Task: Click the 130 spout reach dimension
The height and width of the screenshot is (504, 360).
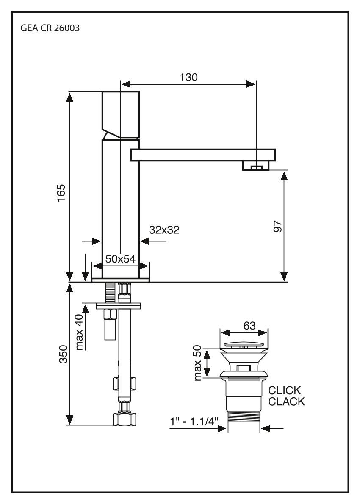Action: point(188,77)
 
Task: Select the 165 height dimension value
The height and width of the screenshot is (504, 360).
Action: point(62,193)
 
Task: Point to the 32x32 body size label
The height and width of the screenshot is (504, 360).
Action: point(164,230)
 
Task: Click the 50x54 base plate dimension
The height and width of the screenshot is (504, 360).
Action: point(120,259)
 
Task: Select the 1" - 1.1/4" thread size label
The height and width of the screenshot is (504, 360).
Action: point(194,422)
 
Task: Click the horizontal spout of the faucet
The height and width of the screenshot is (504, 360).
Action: point(203,155)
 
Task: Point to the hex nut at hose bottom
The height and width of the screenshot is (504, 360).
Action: point(124,419)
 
